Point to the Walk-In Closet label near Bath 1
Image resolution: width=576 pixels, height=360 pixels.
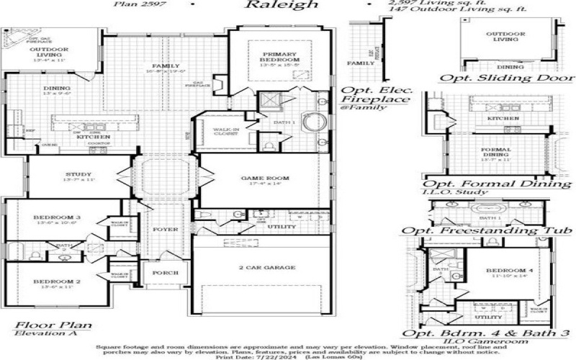(x=225, y=130)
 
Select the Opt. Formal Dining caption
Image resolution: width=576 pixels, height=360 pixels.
(x=497, y=184)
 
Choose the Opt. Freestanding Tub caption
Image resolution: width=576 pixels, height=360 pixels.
(x=487, y=230)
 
